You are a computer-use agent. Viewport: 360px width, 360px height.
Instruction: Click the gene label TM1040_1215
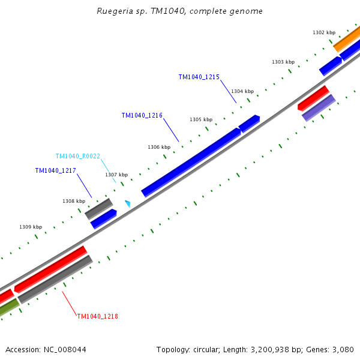pyautogui.click(x=199, y=77)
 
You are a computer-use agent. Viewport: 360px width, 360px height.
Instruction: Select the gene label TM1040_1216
pyautogui.click(x=142, y=115)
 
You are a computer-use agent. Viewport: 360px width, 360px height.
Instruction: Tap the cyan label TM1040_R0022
pyautogui.click(x=78, y=156)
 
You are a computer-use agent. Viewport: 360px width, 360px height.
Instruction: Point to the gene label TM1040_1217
pyautogui.click(x=55, y=170)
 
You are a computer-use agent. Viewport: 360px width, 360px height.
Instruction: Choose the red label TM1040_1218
pyautogui.click(x=97, y=316)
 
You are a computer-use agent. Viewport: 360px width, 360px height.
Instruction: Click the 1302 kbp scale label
pyautogui.click(x=323, y=32)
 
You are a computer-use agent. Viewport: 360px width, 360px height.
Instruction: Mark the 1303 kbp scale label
pyautogui.click(x=283, y=62)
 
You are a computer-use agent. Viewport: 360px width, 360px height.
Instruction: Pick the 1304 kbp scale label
pyautogui.click(x=242, y=91)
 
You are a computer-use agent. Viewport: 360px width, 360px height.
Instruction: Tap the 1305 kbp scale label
pyautogui.click(x=201, y=119)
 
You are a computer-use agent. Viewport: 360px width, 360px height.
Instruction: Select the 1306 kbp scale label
pyautogui.click(x=159, y=147)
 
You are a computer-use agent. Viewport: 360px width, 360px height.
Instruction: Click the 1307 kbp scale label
pyautogui.click(x=116, y=175)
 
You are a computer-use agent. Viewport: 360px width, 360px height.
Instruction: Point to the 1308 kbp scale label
pyautogui.click(x=74, y=201)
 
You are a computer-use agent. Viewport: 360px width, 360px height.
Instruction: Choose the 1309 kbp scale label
pyautogui.click(x=31, y=227)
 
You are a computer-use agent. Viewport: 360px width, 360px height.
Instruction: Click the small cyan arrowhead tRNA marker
pyautogui.click(x=127, y=204)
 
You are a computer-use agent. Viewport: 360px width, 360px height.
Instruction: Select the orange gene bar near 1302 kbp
pyautogui.click(x=346, y=39)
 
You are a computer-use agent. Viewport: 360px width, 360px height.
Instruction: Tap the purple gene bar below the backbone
pyautogui.click(x=318, y=107)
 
